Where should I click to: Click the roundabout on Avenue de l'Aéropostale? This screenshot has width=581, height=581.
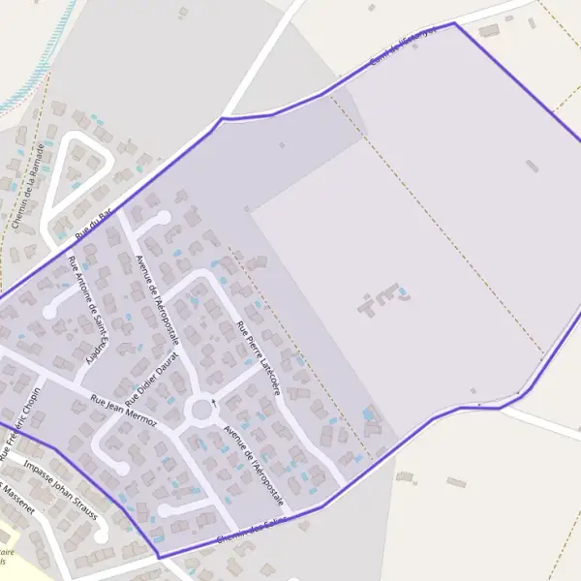point(202,411)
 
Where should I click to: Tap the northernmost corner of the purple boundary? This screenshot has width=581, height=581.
point(454,23)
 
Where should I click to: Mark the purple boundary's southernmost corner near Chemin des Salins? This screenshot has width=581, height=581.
point(158,556)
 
